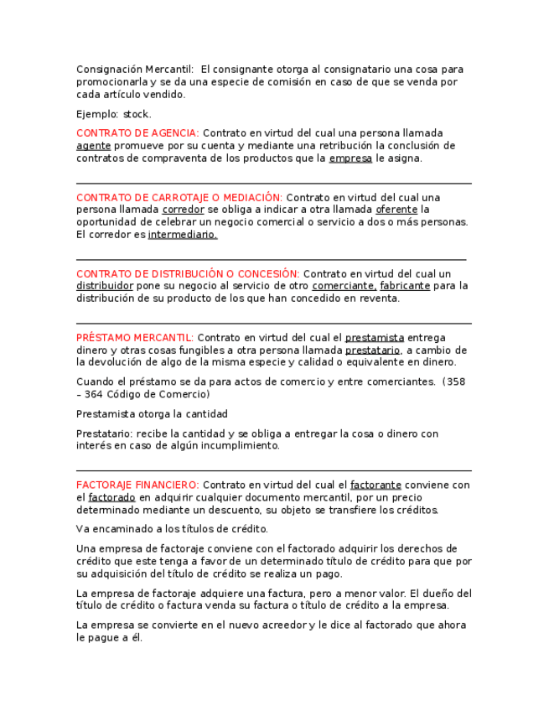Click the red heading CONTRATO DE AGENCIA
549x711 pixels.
[137, 133]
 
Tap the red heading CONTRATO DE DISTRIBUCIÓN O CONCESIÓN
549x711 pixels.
[188, 274]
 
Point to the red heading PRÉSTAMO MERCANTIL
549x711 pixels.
[135, 338]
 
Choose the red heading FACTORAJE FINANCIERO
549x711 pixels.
[137, 485]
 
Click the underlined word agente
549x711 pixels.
[93, 146]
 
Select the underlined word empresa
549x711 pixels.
[350, 158]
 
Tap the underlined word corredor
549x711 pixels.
[183, 210]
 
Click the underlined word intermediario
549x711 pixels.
[183, 236]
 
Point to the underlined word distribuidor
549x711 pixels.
[105, 287]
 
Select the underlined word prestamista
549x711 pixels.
[375, 338]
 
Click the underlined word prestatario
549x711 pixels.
[372, 350]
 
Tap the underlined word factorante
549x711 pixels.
[375, 485]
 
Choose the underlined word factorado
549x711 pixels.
[112, 498]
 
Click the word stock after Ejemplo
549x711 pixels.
[137, 114]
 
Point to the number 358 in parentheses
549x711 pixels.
[454, 382]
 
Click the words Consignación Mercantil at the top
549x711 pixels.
[135, 70]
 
